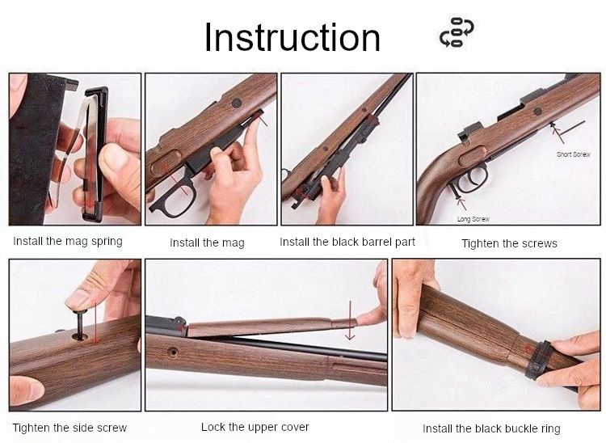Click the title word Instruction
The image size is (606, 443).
pos(292,37)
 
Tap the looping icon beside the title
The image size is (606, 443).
pos(457,33)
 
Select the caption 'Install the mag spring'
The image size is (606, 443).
pos(68,241)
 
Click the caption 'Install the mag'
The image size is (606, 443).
pos(207,243)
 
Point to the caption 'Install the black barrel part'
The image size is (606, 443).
pos(347,242)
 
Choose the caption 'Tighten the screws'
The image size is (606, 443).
pos(509,243)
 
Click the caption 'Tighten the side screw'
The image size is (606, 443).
pos(69,428)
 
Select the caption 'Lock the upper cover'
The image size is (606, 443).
pos(255,427)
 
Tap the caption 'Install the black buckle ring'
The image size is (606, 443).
pos(491,428)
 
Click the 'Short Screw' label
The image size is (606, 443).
pos(573,154)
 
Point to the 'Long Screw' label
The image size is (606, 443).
pos(473,219)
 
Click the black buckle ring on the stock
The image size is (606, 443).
pos(538,359)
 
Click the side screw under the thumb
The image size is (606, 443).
pos(82,327)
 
